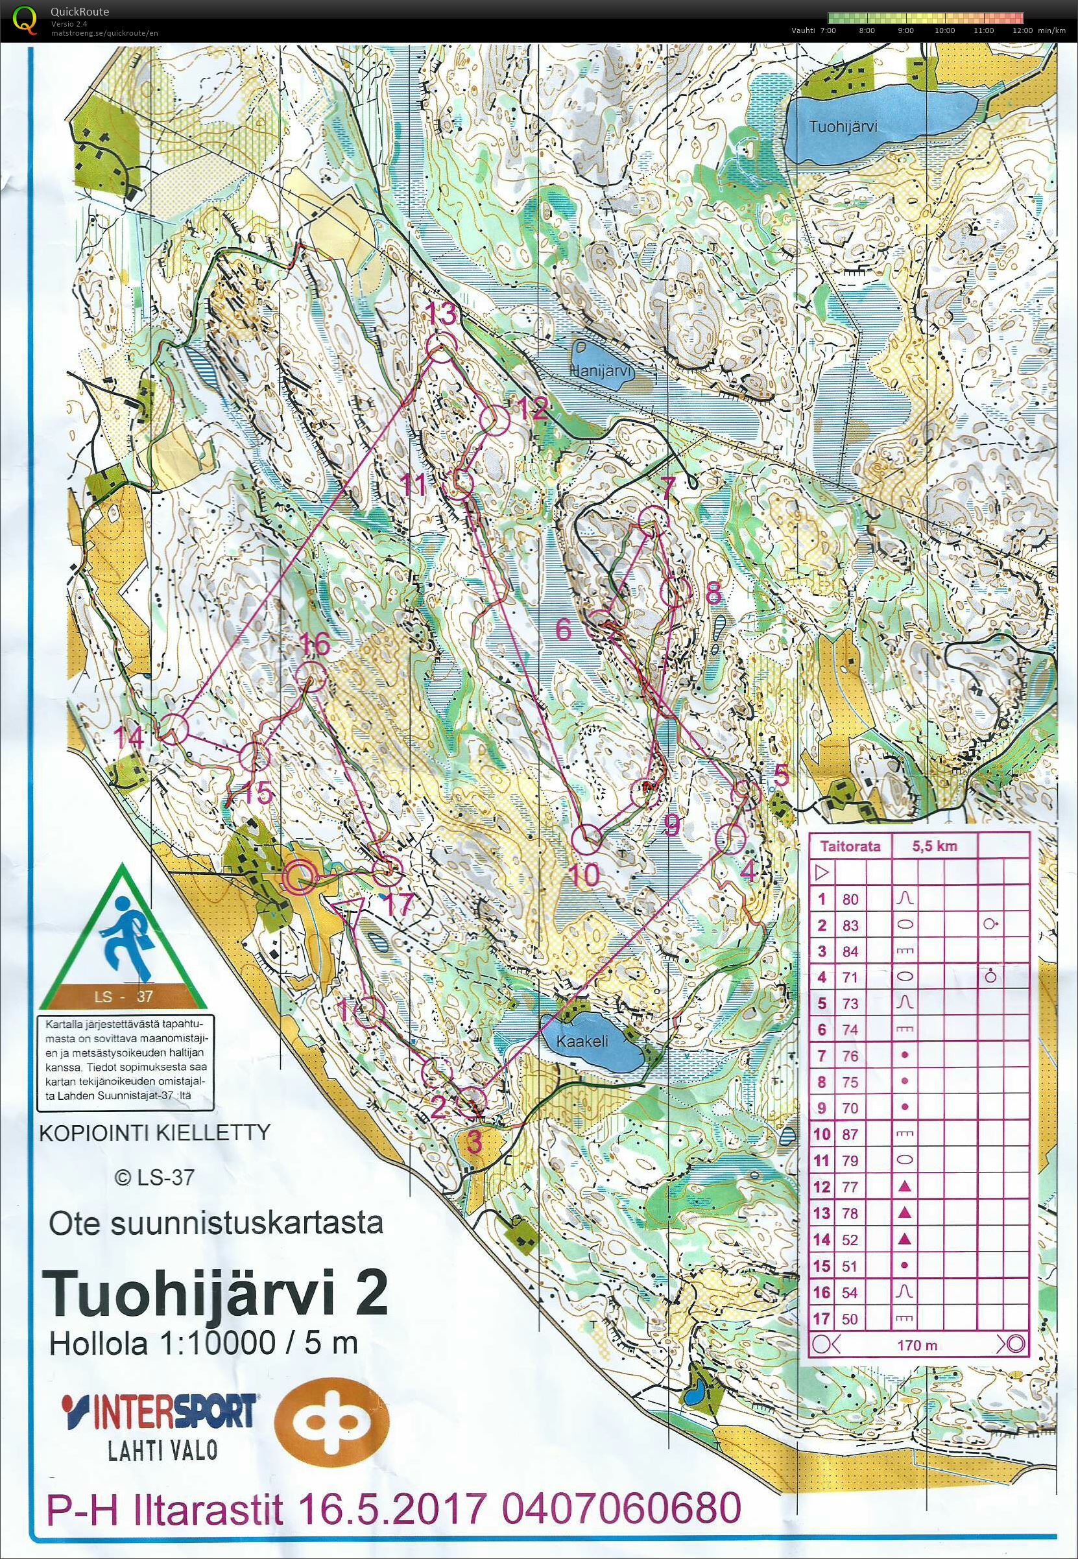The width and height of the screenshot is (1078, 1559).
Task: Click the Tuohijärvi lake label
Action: (x=843, y=126)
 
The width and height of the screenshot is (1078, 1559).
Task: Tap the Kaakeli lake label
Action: (x=582, y=1040)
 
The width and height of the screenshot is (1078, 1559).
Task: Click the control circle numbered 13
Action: (x=440, y=348)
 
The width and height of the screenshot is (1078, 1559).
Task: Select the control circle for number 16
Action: (x=311, y=676)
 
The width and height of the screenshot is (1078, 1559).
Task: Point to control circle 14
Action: (x=173, y=728)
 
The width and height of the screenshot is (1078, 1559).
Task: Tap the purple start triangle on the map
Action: (x=349, y=908)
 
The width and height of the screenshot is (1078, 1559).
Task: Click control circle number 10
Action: (x=586, y=838)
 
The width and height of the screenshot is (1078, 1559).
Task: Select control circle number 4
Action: (x=730, y=839)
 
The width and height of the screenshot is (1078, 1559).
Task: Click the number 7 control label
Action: (x=667, y=487)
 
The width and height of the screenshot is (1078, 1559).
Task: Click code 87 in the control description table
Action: (x=850, y=1134)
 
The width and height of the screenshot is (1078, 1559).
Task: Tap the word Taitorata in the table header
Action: (x=850, y=846)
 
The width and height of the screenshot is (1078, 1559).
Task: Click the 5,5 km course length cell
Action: (x=934, y=846)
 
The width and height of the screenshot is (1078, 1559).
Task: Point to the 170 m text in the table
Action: (x=916, y=1345)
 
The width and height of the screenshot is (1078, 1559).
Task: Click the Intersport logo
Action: (x=160, y=1411)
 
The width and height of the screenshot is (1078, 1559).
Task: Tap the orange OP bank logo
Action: (x=331, y=1422)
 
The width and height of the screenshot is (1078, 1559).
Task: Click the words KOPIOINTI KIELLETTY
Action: (x=154, y=1132)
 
